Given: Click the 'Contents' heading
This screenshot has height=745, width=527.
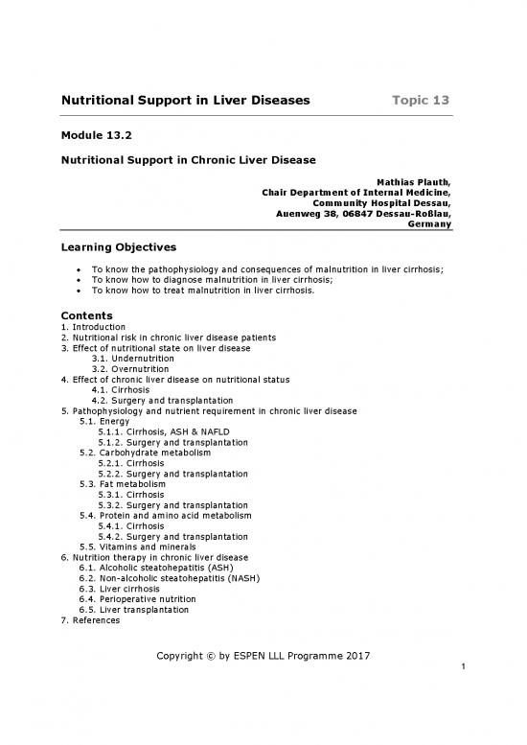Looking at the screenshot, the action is (87, 315).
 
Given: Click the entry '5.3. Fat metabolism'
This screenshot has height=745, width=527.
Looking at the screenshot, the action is (125, 484).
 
